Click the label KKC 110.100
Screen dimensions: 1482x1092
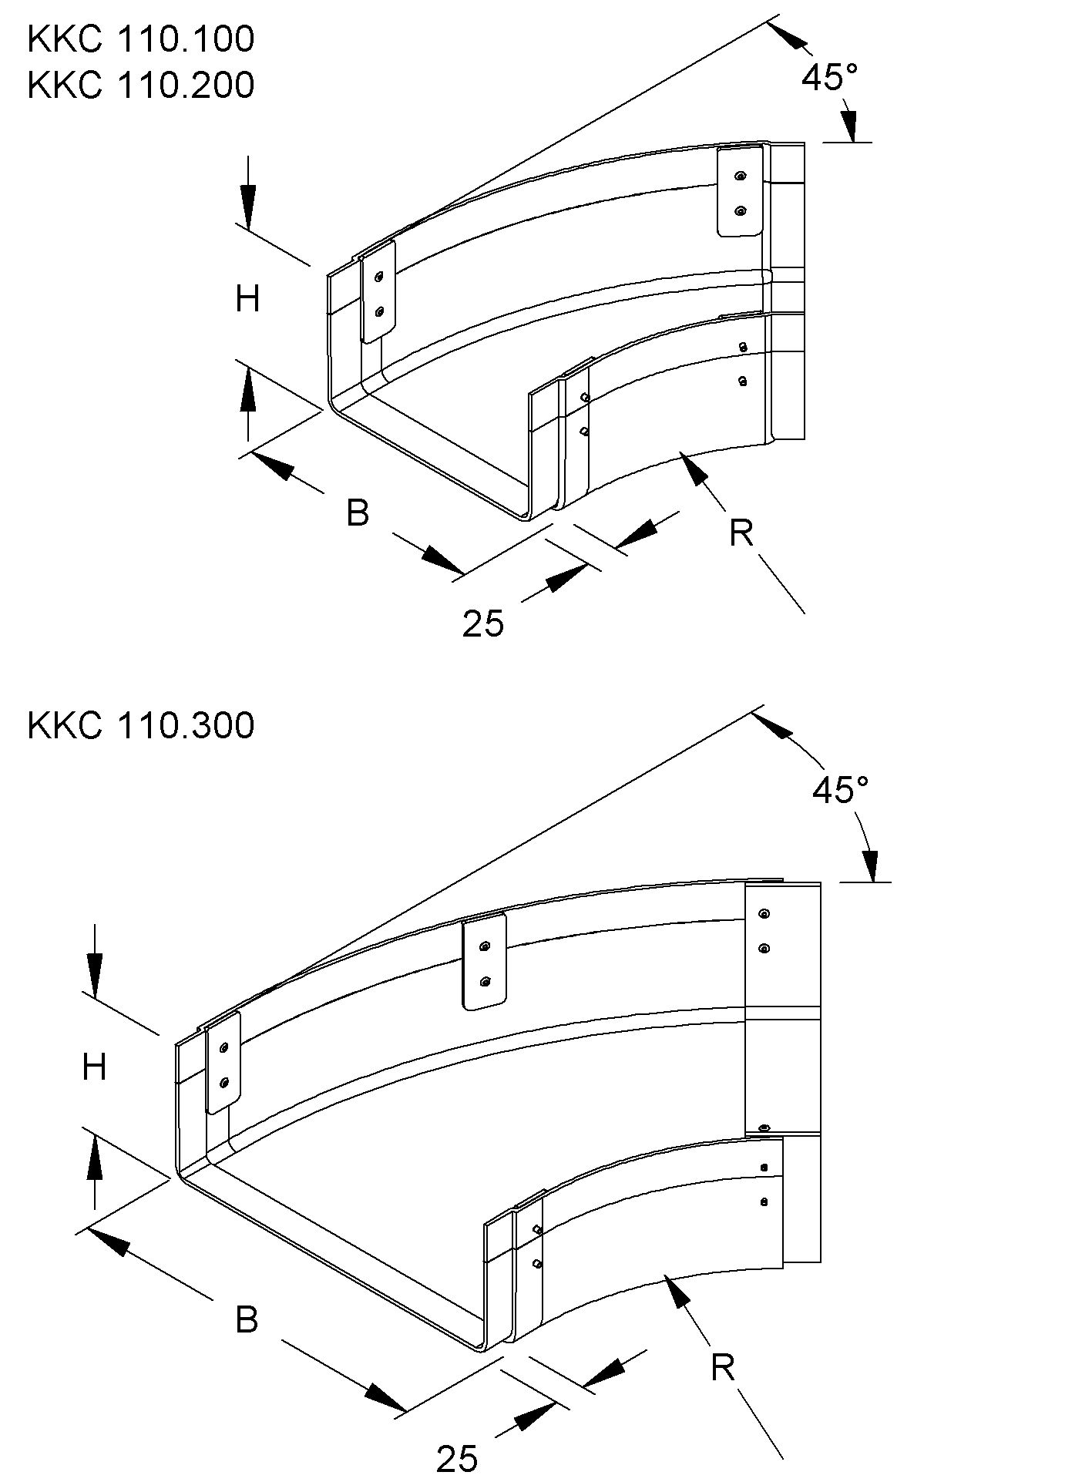140,39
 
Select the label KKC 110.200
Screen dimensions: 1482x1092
140,85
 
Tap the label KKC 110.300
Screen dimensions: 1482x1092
140,725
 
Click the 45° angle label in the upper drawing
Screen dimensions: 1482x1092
829,77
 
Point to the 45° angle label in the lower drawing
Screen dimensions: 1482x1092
840,790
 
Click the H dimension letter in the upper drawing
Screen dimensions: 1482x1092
247,299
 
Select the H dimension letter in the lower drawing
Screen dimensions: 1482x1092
94,1068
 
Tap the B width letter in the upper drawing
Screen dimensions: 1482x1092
357,513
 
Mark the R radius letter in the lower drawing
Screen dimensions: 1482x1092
722,1369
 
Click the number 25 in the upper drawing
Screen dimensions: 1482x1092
483,623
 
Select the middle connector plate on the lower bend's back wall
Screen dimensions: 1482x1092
484,962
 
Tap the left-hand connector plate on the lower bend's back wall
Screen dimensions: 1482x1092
223,1064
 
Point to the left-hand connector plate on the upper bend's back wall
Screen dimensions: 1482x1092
378,292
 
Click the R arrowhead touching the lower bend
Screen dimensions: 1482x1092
677,1291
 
